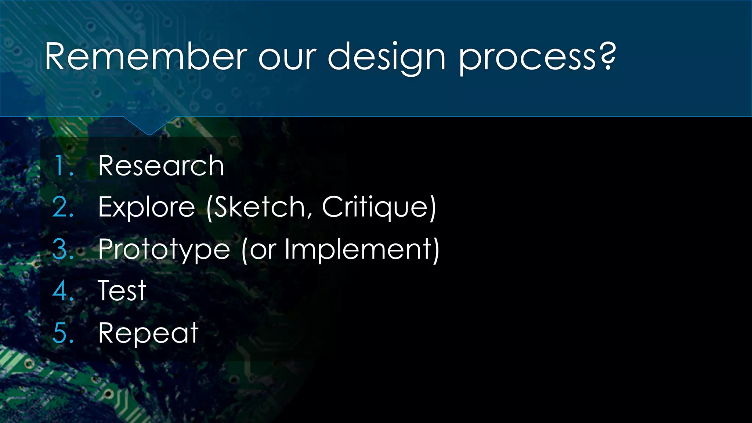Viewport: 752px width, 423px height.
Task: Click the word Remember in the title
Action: click(x=146, y=57)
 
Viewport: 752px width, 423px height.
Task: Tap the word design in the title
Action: click(x=386, y=57)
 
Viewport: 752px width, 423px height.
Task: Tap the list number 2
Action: click(x=62, y=207)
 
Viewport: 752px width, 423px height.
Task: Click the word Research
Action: click(x=161, y=166)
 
